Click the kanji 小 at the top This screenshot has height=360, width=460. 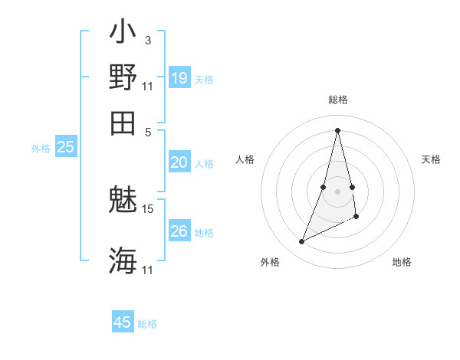(x=123, y=34)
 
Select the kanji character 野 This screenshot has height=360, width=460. (x=123, y=77)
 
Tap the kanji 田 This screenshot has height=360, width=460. (x=123, y=122)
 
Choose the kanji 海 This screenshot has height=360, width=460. (x=123, y=260)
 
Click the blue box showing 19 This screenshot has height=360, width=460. (x=179, y=78)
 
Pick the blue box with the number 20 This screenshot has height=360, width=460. (x=179, y=162)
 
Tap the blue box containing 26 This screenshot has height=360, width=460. (x=179, y=231)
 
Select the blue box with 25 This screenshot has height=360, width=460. (x=65, y=148)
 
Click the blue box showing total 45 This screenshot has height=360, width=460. (x=123, y=322)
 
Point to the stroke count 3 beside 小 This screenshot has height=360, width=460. (x=147, y=40)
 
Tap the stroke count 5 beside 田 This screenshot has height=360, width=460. (x=148, y=131)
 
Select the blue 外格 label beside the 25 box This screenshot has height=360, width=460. (x=41, y=149)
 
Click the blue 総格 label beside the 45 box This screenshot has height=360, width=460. (x=147, y=324)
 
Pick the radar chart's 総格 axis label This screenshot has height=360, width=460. (x=337, y=100)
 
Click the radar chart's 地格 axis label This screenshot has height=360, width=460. (x=402, y=263)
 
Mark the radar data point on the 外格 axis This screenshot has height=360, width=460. (x=302, y=242)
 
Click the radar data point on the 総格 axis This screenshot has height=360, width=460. (x=337, y=130)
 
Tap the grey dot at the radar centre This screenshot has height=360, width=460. (x=337, y=191)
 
